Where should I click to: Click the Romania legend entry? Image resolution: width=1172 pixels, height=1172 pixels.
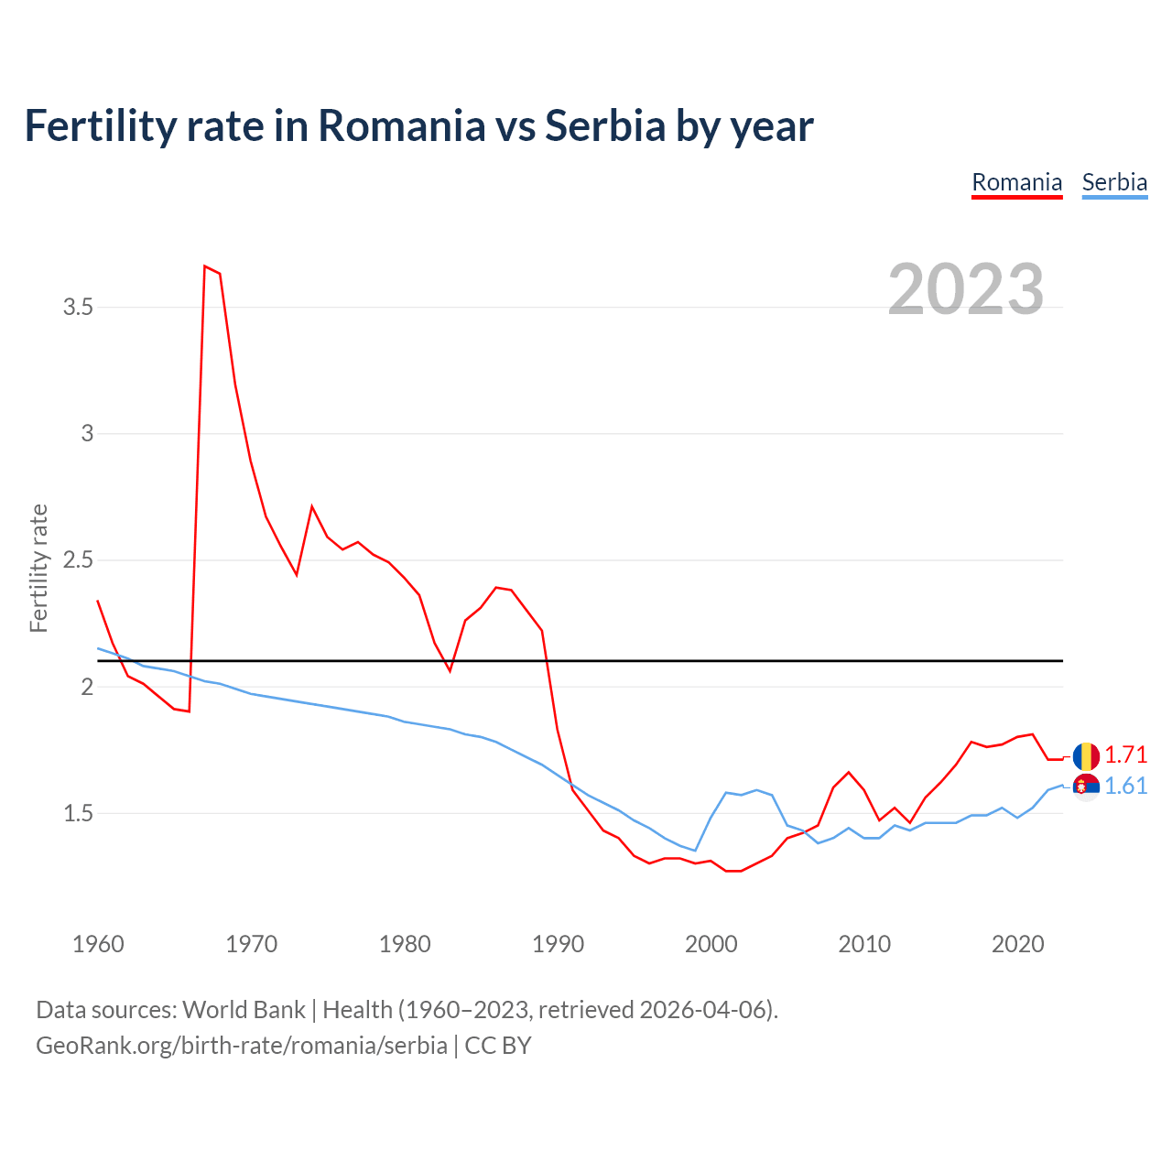click(1016, 182)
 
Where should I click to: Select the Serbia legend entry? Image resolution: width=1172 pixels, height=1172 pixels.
click(1114, 182)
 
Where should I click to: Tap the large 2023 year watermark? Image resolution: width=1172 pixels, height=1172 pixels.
click(966, 289)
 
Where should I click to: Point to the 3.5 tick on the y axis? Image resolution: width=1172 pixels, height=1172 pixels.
click(79, 308)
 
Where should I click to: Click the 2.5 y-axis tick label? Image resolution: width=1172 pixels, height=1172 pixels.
click(79, 560)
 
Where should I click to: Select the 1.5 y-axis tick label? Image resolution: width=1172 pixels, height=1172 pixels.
click(79, 814)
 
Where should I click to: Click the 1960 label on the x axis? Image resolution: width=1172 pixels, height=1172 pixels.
click(98, 944)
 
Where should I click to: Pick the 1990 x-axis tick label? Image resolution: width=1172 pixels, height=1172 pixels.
click(558, 944)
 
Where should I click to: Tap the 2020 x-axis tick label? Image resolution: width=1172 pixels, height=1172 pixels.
click(1017, 944)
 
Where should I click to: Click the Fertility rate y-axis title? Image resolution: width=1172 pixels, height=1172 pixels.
click(38, 568)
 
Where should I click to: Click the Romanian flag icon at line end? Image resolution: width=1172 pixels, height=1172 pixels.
click(1086, 756)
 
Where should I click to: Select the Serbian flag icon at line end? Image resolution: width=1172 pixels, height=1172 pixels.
click(1086, 787)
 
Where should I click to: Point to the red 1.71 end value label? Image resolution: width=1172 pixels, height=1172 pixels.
click(1125, 755)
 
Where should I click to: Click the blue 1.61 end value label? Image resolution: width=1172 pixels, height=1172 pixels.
click(1125, 787)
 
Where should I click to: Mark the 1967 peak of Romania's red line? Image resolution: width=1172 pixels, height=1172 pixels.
click(205, 266)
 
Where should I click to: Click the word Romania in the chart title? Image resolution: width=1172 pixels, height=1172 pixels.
click(401, 126)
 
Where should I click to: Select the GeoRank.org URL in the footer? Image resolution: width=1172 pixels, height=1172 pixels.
click(242, 1046)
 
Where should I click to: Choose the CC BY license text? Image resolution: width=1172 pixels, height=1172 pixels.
click(498, 1046)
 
